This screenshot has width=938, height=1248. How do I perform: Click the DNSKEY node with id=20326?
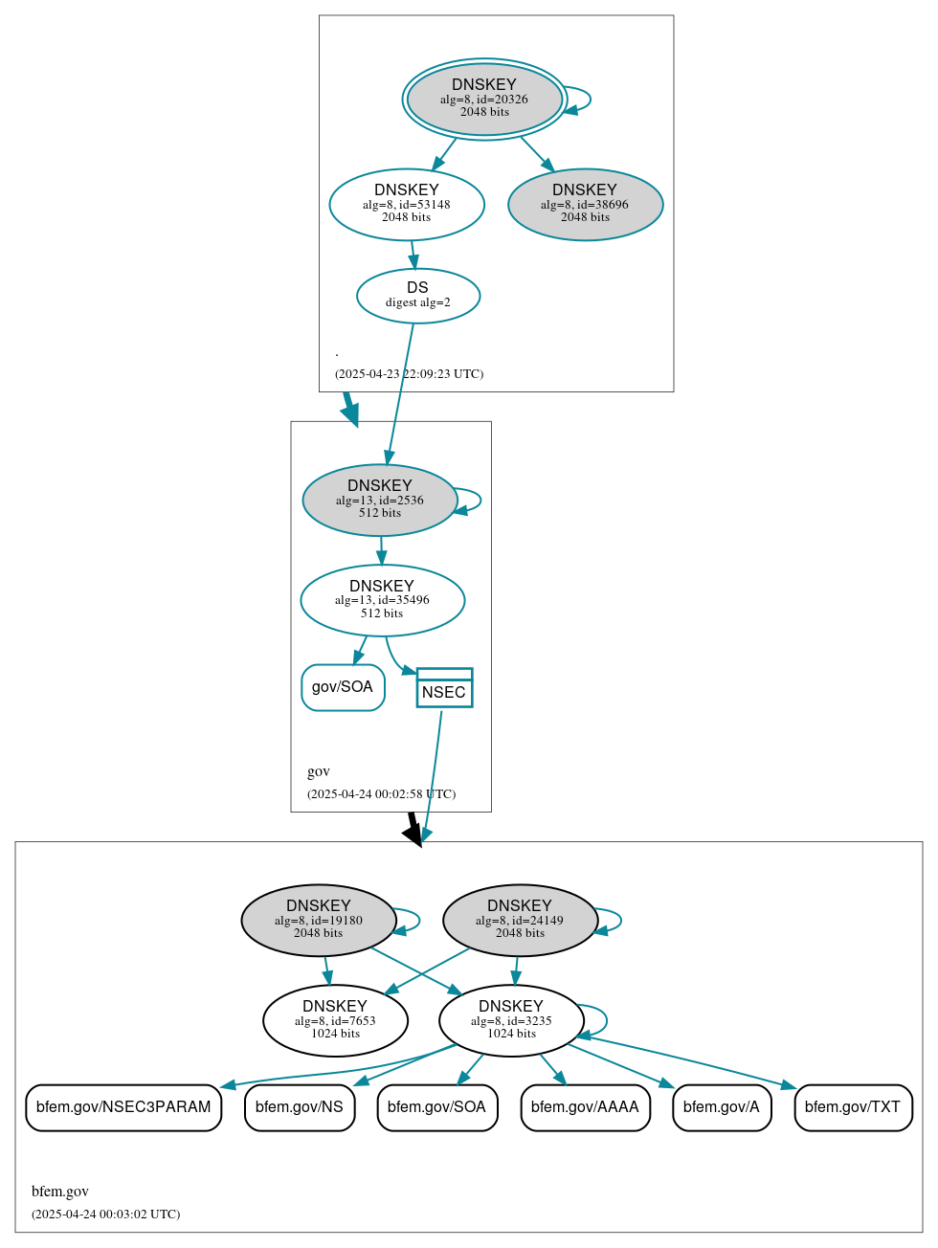484,100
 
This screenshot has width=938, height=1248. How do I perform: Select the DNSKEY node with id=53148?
407,205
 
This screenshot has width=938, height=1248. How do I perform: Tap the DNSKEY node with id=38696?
585,205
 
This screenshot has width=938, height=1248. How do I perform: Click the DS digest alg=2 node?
418,296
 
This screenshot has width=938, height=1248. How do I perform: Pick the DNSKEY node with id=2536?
380,501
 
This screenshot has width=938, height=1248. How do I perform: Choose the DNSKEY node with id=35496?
382,600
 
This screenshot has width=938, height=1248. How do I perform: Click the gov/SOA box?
343,687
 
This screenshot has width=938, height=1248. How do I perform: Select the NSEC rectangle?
444,688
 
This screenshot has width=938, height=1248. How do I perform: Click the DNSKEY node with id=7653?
335,1021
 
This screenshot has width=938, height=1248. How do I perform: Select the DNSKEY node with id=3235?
511,1021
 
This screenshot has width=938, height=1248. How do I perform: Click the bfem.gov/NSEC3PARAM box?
123,1107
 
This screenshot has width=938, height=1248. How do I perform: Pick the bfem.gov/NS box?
300,1107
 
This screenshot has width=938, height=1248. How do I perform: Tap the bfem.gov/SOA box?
437,1107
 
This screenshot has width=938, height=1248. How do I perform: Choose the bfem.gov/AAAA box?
585,1107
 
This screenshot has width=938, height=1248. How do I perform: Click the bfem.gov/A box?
722,1107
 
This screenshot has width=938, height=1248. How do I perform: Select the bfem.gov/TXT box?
853,1107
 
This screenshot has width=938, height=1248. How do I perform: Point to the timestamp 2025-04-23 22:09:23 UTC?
409,374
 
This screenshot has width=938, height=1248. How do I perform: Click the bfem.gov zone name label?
60,1192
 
